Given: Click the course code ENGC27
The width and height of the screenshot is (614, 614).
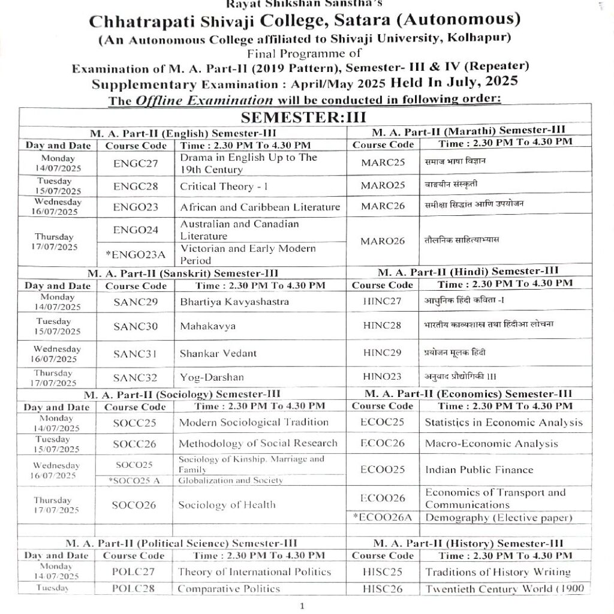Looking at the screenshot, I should (x=136, y=162).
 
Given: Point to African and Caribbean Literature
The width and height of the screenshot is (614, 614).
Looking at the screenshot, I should (x=260, y=207).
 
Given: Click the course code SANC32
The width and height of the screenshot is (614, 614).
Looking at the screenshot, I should (x=135, y=378).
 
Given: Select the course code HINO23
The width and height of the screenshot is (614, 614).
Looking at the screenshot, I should (x=383, y=377).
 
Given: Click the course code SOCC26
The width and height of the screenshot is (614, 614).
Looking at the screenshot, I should (x=134, y=444).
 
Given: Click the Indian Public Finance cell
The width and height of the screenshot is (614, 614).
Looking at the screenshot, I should (x=470, y=469).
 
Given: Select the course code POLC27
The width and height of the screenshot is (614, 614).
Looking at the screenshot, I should (x=134, y=571).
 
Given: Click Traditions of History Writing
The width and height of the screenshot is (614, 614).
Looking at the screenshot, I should (x=498, y=572).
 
